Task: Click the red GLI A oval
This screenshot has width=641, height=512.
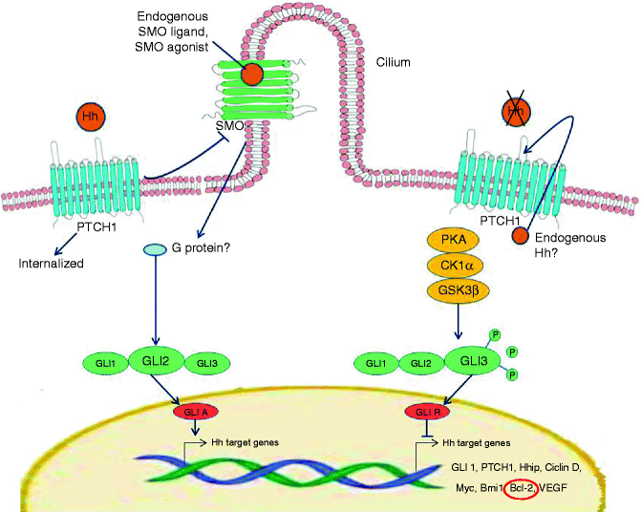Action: point(195,412)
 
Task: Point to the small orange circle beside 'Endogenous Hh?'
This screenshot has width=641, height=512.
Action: point(520,236)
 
